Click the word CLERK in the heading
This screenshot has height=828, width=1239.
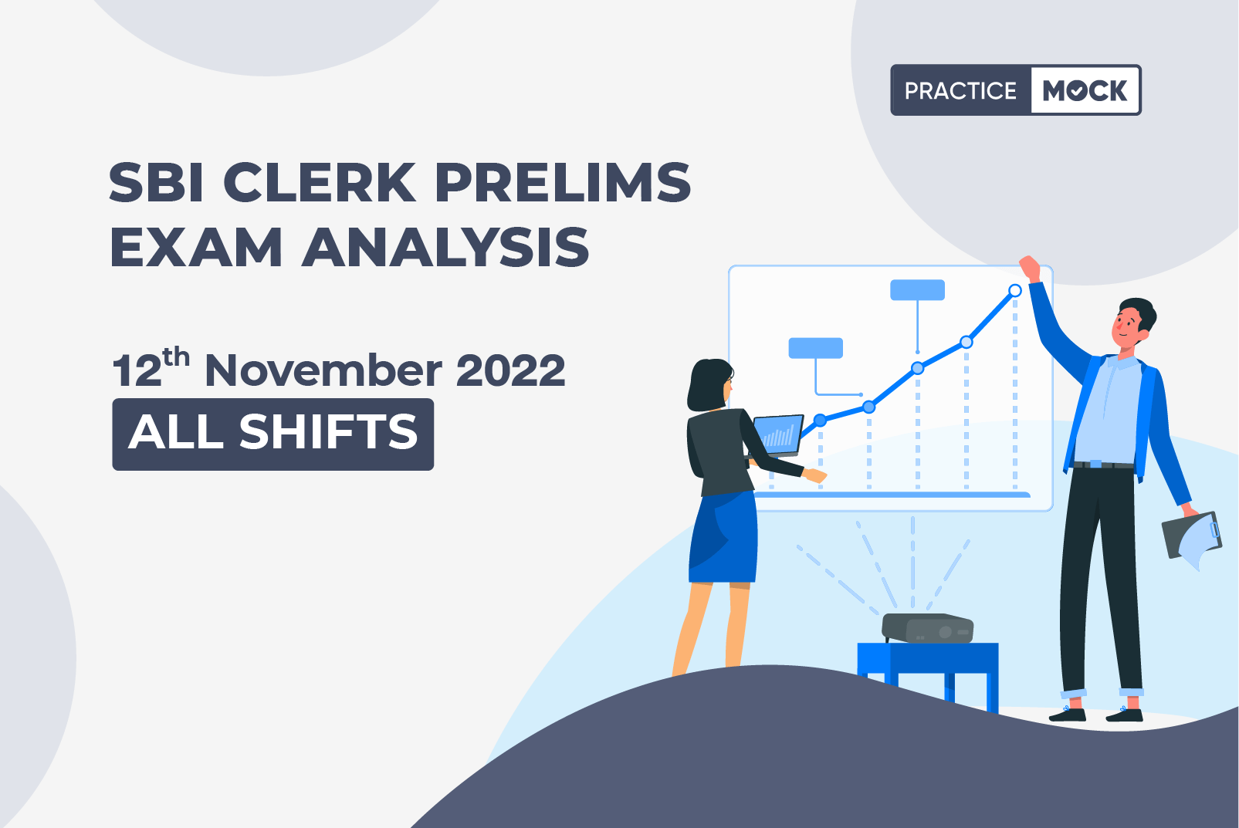319,182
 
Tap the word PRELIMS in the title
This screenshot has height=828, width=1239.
563,182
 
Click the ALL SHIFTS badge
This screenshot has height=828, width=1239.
273,434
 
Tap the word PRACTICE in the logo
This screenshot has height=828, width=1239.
960,90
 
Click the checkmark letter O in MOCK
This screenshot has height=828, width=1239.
1078,91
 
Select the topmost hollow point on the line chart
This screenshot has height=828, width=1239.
1015,290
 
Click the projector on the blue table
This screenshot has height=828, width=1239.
928,628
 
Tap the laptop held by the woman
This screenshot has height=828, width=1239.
778,434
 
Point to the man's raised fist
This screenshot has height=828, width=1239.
1029,269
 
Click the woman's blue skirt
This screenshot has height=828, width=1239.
723,536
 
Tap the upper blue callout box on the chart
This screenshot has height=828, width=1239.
917,289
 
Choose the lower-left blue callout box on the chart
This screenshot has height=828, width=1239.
815,348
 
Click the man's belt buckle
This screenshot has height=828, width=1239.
1095,464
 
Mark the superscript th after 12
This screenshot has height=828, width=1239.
176,357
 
